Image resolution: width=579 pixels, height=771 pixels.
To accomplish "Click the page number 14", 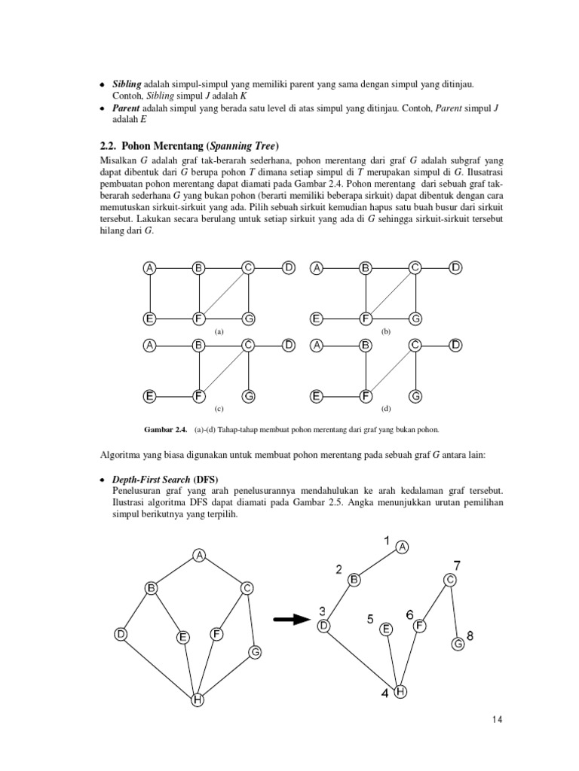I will (x=495, y=719).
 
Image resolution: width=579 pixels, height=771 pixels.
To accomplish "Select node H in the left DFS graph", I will (x=197, y=700).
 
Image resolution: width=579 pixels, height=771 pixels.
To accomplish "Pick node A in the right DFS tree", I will (x=402, y=547).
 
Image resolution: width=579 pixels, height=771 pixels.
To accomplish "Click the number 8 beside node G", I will (x=470, y=636).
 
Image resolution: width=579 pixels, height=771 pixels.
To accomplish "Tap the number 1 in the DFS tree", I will (x=387, y=540).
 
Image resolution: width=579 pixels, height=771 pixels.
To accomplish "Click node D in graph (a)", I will (x=289, y=267).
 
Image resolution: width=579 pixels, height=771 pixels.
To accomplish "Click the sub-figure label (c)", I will (x=219, y=409).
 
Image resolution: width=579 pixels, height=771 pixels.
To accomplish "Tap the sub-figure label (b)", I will (x=386, y=331).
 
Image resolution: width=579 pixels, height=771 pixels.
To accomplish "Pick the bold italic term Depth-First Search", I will (x=151, y=480).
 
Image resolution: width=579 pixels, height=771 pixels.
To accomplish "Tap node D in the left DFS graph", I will (x=121, y=635).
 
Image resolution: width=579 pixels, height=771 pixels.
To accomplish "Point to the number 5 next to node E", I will (x=370, y=619).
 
